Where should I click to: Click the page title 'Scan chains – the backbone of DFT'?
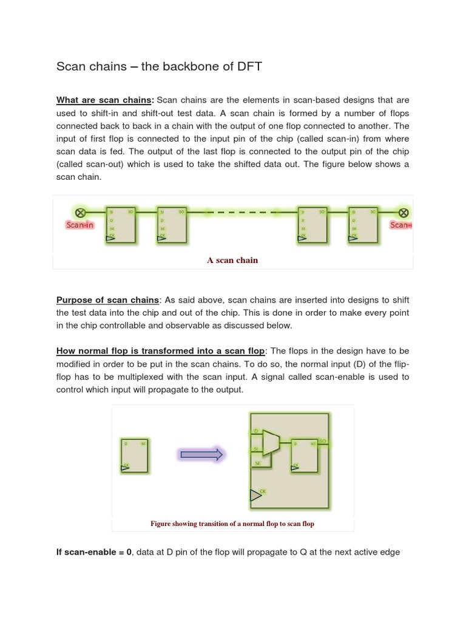click(x=159, y=67)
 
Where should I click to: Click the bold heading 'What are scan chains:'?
click(x=106, y=100)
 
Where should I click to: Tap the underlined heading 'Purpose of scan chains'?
click(x=107, y=299)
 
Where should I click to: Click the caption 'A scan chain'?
click(x=232, y=260)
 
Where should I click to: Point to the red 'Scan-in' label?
click(x=79, y=225)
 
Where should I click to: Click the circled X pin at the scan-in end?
click(x=79, y=212)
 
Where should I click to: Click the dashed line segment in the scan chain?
click(x=242, y=213)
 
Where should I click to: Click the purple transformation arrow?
click(x=201, y=454)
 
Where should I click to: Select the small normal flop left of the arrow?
click(x=134, y=454)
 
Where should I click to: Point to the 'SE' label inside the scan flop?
click(x=257, y=462)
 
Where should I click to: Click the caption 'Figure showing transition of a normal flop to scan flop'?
click(x=232, y=524)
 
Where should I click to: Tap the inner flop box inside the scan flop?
click(x=304, y=454)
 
